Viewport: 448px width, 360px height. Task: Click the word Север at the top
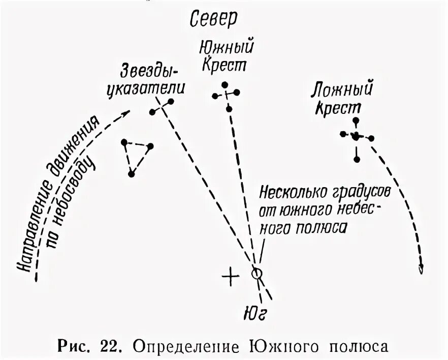click(x=214, y=19)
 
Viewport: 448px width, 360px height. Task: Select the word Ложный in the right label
click(x=342, y=91)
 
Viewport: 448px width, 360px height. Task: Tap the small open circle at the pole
click(x=257, y=274)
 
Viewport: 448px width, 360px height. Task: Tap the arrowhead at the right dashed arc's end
click(x=420, y=269)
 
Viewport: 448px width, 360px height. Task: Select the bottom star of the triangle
click(x=131, y=174)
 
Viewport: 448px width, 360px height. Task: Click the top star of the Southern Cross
click(x=222, y=84)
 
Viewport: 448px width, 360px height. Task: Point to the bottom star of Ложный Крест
click(x=357, y=160)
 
